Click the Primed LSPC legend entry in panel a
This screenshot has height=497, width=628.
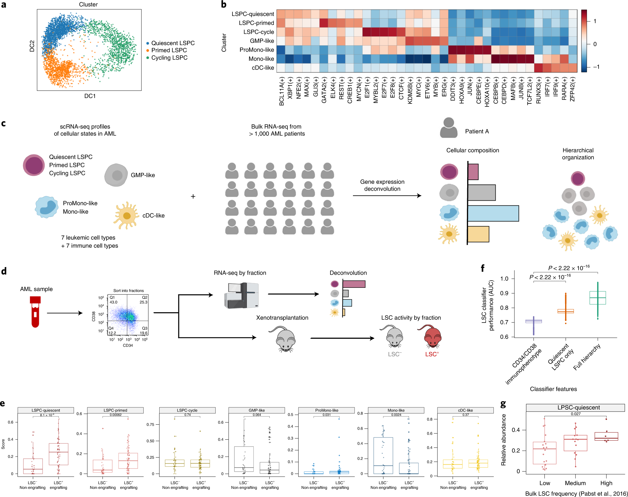pos(169,50)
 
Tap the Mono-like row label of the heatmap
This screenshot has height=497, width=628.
pos(261,59)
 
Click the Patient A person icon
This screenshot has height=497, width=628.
pos(448,128)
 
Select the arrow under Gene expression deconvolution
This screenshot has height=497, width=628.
pos(387,196)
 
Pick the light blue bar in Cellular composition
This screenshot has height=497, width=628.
pos(493,214)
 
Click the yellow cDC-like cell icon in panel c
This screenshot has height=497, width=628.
pos(126,215)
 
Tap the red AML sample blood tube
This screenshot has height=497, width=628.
pos(35,311)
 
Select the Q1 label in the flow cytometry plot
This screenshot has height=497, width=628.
pos(112,298)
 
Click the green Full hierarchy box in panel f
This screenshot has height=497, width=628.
pos(597,298)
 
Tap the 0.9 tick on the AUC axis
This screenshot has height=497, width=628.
pos(504,293)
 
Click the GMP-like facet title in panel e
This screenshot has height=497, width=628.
pos(257,410)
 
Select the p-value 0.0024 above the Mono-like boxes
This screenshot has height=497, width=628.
pos(396,415)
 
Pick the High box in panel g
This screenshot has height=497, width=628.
pos(606,437)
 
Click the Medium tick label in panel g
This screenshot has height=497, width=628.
pos(575,483)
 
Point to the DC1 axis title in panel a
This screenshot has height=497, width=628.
pos(90,96)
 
